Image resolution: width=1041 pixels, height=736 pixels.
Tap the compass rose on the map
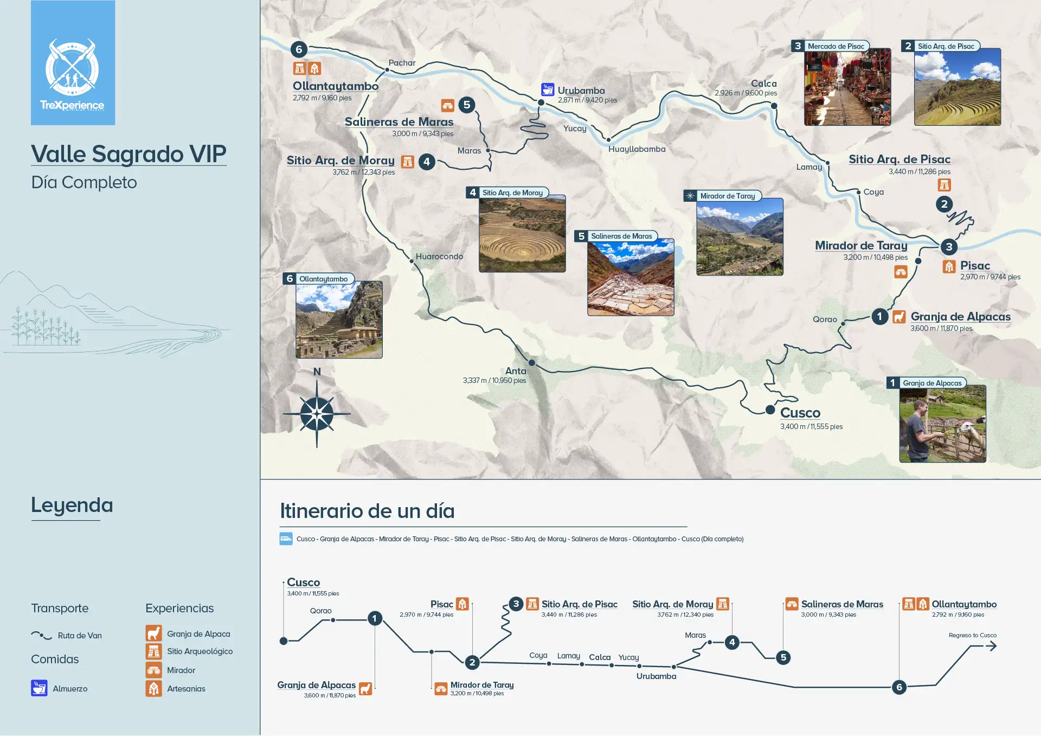[317, 414]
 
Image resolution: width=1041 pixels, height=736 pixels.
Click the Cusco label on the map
[800, 413]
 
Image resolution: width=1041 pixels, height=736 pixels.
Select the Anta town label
[516, 371]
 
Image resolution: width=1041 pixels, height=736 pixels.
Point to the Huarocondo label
[439, 257]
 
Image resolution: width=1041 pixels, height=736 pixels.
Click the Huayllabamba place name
[637, 149]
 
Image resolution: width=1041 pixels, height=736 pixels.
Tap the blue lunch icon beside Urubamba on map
[548, 89]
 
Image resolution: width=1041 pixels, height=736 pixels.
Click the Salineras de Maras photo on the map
[631, 278]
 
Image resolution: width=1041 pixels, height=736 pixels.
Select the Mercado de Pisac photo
[847, 87]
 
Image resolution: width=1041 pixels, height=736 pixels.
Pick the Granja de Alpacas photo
[942, 424]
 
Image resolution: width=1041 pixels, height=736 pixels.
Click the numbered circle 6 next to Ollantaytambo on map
[299, 49]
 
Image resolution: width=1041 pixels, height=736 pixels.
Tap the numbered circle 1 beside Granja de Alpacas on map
[879, 316]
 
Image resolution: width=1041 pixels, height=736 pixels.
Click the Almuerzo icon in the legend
[39, 688]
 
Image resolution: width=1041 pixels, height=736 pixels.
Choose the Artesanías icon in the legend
[153, 688]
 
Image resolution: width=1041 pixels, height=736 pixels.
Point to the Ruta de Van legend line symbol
[41, 635]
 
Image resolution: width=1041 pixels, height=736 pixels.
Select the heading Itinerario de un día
[367, 511]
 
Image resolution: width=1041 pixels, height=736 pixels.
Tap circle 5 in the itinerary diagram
[783, 657]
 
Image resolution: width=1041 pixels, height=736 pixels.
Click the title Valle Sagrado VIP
[128, 154]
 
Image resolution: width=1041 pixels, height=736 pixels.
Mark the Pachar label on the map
[402, 63]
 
